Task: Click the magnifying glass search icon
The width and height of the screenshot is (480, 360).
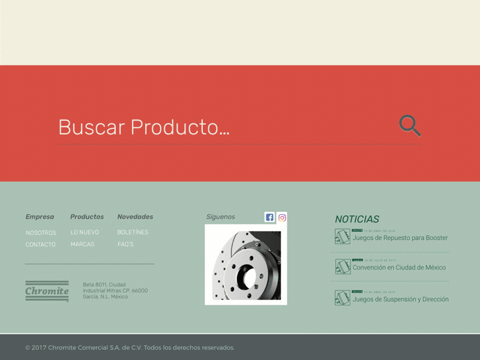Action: (410, 126)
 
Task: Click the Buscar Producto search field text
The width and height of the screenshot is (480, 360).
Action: (144, 127)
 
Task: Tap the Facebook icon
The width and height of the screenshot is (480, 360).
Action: (269, 217)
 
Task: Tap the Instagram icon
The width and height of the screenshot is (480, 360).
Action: (282, 217)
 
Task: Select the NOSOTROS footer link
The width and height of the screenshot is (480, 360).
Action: (41, 233)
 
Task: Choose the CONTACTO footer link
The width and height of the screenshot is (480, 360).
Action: (40, 245)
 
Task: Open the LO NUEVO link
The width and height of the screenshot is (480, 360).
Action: (85, 232)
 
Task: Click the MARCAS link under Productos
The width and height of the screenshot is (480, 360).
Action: (82, 244)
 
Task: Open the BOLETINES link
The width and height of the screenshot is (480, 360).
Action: (133, 232)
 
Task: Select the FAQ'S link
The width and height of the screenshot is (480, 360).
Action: (125, 244)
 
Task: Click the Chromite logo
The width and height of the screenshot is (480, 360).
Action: (47, 291)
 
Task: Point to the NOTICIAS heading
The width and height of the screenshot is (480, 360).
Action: (357, 220)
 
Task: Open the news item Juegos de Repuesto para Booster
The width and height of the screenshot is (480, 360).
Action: (400, 238)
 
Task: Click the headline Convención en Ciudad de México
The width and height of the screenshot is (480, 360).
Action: (399, 268)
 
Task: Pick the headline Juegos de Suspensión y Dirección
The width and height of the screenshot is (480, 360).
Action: (400, 299)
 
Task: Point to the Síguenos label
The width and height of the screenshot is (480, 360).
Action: (221, 217)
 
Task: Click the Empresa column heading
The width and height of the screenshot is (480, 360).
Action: (40, 217)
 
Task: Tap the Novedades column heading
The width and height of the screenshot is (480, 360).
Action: (135, 217)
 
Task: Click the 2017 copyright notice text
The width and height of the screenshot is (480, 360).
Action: (130, 347)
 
